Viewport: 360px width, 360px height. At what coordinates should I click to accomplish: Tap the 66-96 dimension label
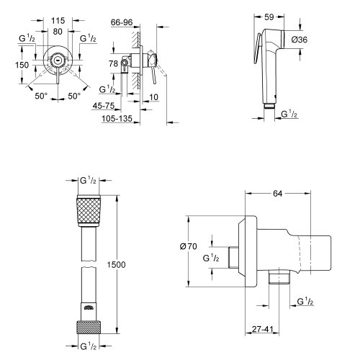[x=130, y=23]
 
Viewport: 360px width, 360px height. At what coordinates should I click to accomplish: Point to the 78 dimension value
[x=112, y=66]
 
